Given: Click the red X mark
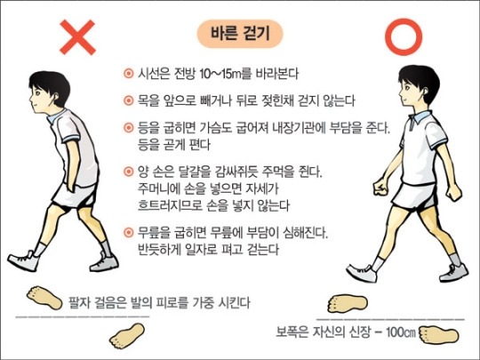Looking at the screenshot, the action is [77, 37].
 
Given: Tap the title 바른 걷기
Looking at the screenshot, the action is [240, 34].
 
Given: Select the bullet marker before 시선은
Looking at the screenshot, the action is [129, 74].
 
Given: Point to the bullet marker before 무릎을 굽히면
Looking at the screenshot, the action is [129, 232].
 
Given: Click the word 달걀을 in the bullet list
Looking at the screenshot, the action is [195, 172].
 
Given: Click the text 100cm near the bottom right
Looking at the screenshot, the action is [401, 332].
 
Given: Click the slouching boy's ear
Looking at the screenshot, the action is [55, 98].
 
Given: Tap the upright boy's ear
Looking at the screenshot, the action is [425, 92].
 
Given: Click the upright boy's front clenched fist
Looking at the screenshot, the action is [380, 187].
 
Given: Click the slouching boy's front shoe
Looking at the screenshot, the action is [24, 260].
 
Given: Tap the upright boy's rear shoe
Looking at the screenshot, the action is [454, 273].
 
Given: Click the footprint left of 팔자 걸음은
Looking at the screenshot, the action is [44, 297].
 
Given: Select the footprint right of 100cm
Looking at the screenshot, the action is [439, 335].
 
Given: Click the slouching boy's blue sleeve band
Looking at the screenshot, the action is [71, 139].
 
